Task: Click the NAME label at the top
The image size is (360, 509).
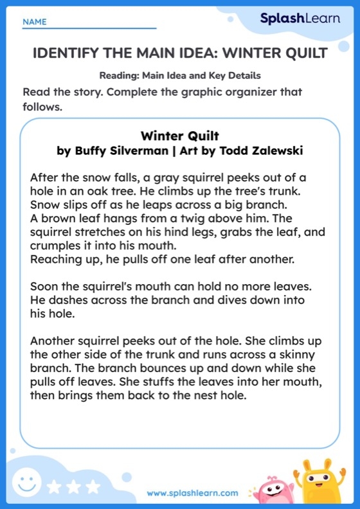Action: [x=34, y=22]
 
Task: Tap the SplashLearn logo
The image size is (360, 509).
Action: [x=300, y=19]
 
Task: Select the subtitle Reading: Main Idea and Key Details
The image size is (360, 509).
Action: [x=180, y=74]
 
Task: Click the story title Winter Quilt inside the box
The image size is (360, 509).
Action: [x=180, y=136]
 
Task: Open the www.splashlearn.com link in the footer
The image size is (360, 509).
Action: [x=192, y=494]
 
